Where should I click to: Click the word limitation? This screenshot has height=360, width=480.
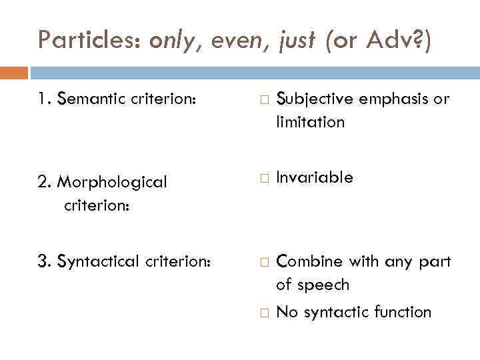click(x=310, y=122)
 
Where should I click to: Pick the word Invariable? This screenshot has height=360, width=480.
click(x=314, y=178)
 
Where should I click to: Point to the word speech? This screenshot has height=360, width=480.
click(x=323, y=285)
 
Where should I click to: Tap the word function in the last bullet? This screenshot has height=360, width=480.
click(x=402, y=311)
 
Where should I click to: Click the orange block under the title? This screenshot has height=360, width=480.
click(x=14, y=73)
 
